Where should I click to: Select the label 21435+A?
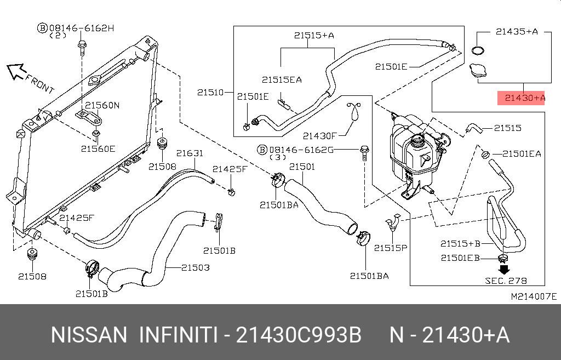pyautogui.click(x=517, y=32)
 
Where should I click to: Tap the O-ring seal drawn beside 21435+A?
pyautogui.click(x=478, y=51)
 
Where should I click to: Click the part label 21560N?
pyautogui.click(x=101, y=105)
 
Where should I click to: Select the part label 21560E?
pyautogui.click(x=99, y=148)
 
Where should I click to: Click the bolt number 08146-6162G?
pyautogui.click(x=304, y=149)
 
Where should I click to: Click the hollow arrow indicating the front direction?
pyautogui.click(x=16, y=71)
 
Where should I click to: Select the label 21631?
pyautogui.click(x=190, y=154)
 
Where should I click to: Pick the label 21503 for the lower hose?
pyautogui.click(x=196, y=268)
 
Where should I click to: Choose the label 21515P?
pyautogui.click(x=391, y=248)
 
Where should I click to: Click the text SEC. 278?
pyautogui.click(x=506, y=281)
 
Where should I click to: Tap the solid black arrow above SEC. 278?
pyautogui.click(x=504, y=270)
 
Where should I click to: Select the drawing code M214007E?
pyautogui.click(x=533, y=296)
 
